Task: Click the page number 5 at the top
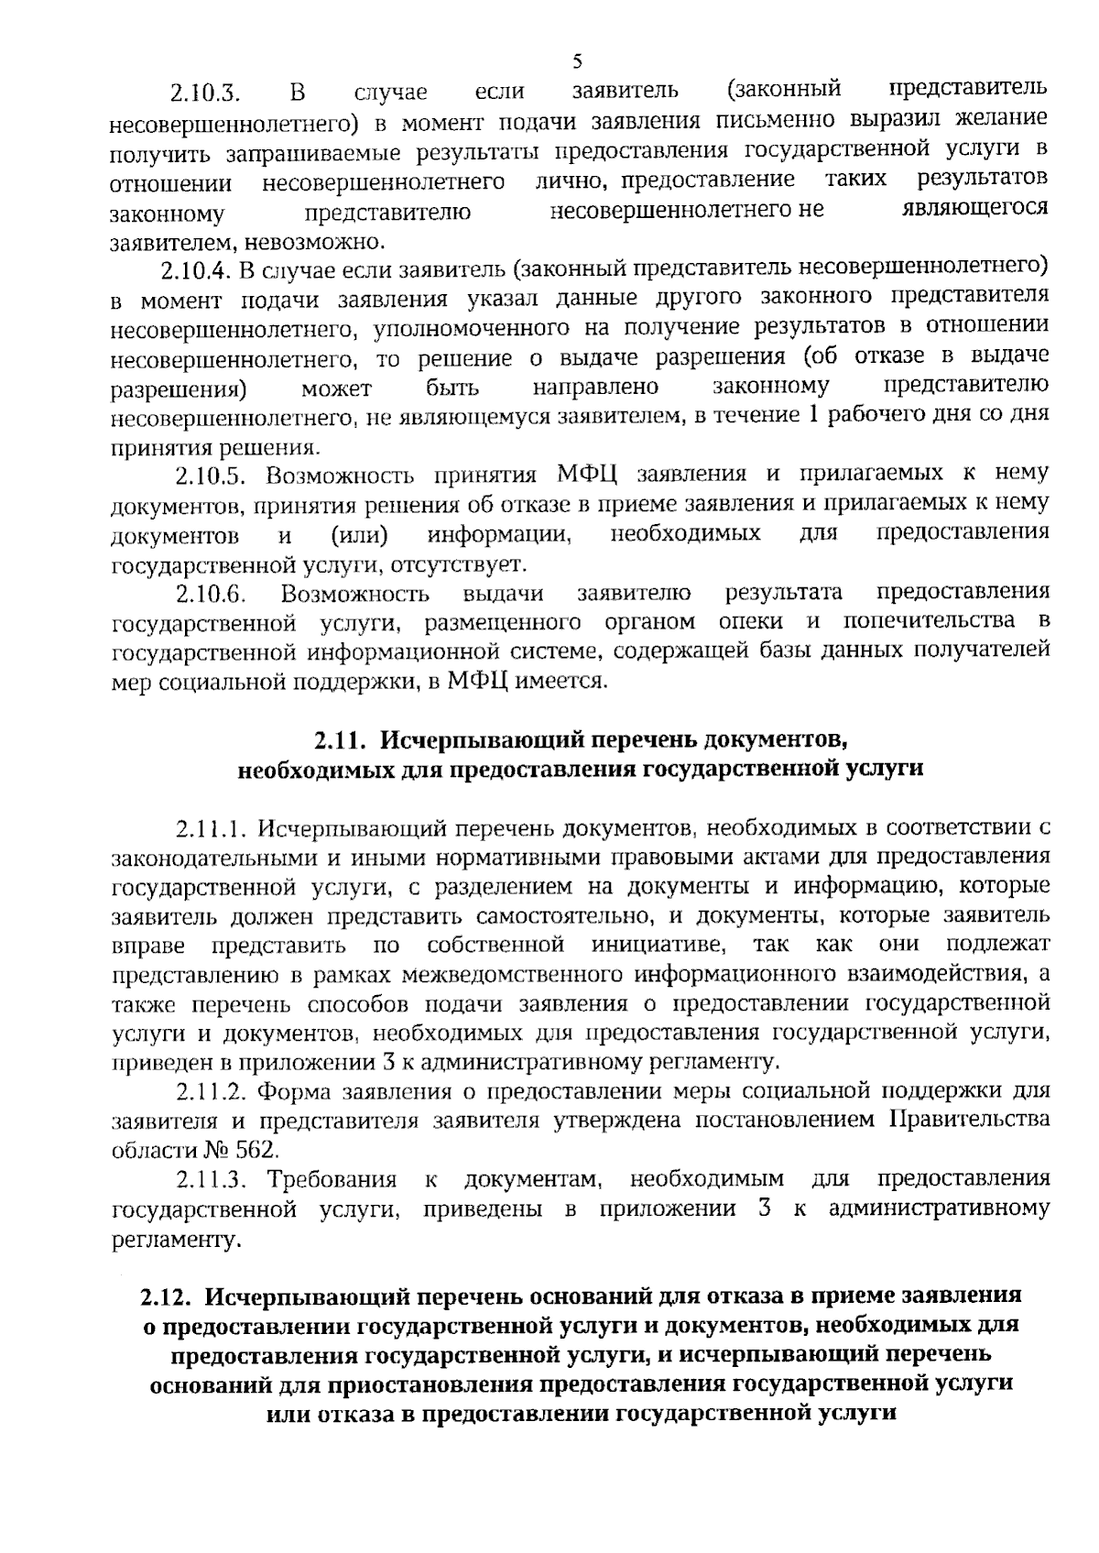tap(577, 62)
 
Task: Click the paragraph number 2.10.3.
tap(203, 93)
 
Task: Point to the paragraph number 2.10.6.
tap(212, 594)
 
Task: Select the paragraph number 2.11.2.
tap(212, 1092)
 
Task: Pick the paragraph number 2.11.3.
tap(212, 1180)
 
